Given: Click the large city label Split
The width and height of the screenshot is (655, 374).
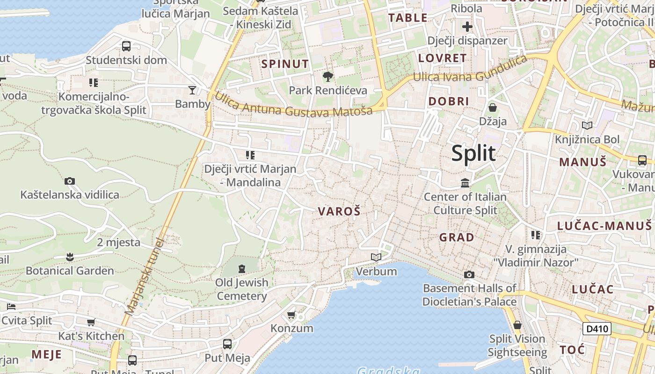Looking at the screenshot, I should click(x=473, y=153).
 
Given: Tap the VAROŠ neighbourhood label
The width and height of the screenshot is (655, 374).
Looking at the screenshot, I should click(x=339, y=211).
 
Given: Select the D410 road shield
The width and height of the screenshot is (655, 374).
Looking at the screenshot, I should click(x=597, y=329).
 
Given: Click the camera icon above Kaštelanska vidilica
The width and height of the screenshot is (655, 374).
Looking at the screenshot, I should click(x=70, y=181).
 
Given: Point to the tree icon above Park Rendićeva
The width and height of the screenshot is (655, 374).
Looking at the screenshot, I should click(x=328, y=76).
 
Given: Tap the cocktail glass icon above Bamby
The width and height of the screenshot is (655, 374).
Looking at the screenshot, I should click(x=192, y=90).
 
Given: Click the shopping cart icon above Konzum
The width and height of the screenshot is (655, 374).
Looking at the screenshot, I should click(x=292, y=315).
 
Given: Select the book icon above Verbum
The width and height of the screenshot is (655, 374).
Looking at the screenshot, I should click(x=376, y=257).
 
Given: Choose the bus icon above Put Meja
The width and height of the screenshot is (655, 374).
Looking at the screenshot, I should click(x=227, y=344).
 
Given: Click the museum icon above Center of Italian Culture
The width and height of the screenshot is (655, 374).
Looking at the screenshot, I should click(x=465, y=183).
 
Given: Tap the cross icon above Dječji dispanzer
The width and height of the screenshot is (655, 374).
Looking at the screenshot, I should click(x=467, y=27).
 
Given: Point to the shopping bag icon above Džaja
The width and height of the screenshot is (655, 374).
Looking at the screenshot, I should click(x=493, y=108).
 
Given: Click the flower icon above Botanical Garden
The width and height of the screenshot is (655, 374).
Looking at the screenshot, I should click(x=70, y=257).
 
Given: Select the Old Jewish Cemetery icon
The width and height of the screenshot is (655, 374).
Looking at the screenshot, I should click(x=242, y=269).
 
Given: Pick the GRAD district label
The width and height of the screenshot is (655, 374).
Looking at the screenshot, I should click(x=457, y=237).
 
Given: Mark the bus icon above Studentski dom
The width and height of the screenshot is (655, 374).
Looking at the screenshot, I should click(x=126, y=46).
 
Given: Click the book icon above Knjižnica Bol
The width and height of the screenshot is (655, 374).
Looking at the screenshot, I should click(x=587, y=125).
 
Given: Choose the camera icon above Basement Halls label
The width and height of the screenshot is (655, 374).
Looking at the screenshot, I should click(x=469, y=274).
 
